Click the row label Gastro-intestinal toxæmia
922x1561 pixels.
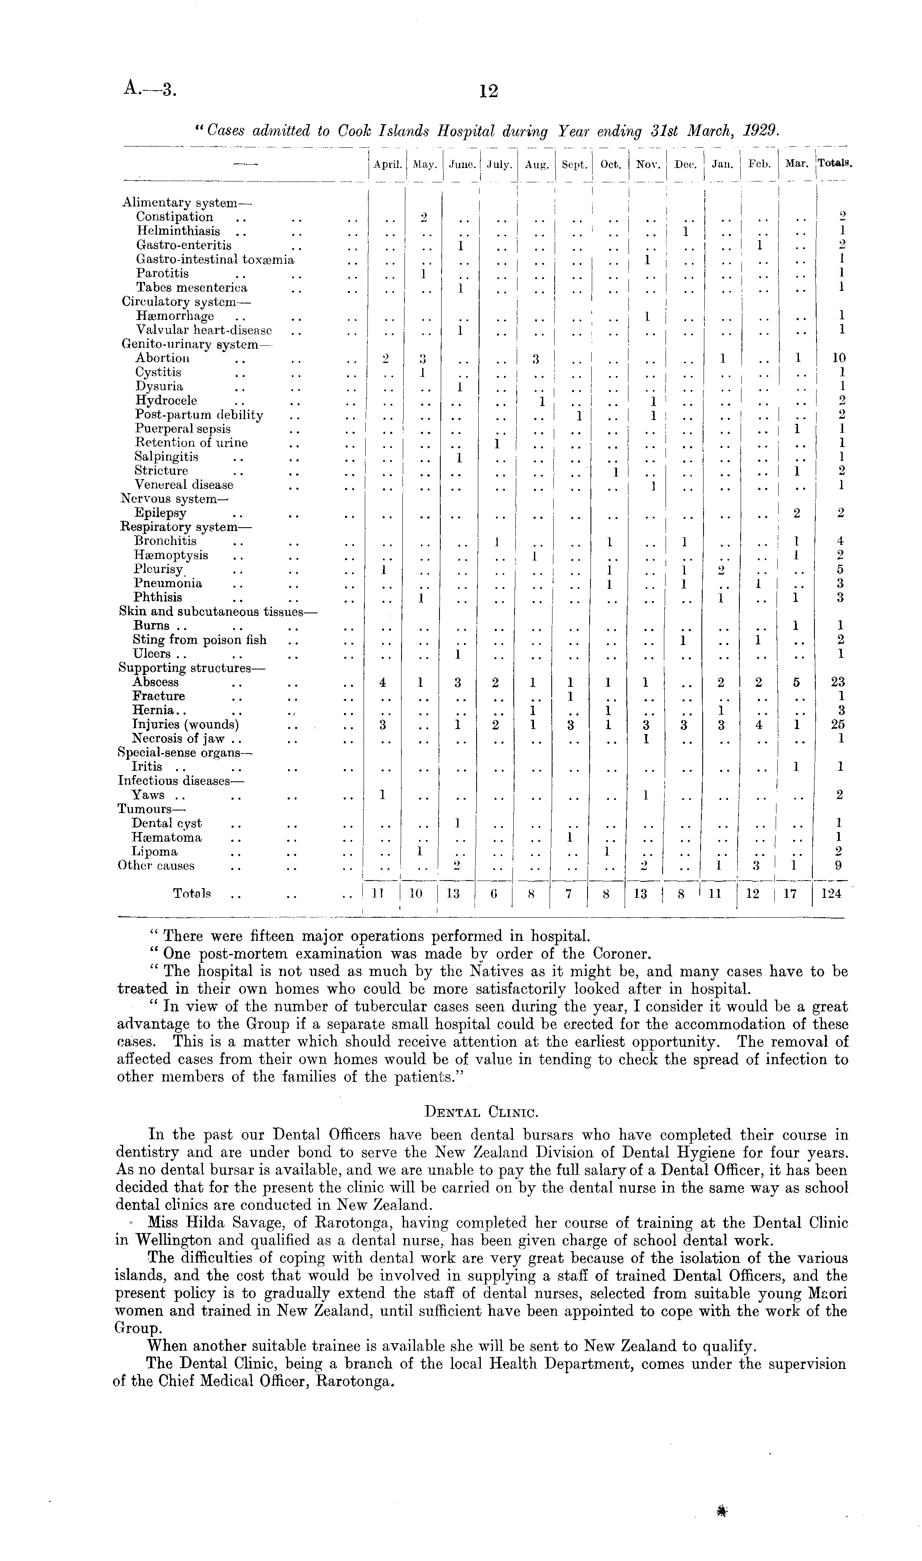pos(215,259)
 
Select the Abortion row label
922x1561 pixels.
pos(163,358)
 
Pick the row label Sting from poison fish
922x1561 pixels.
pos(199,640)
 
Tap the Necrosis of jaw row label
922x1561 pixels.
pos(186,739)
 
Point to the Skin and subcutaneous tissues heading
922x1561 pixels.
pos(218,612)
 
